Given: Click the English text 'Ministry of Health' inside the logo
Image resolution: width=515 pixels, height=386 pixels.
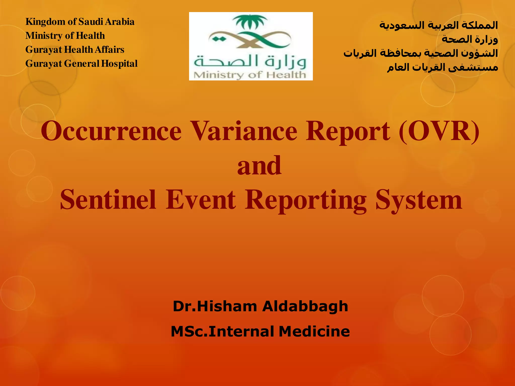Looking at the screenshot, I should pyautogui.click(x=250, y=75).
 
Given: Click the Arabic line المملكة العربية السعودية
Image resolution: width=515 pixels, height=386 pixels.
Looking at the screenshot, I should pyautogui.click(x=438, y=25).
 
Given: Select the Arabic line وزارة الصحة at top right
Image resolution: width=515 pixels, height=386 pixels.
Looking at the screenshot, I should pyautogui.click(x=469, y=39).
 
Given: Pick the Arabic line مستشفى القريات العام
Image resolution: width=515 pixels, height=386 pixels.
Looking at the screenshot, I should pyautogui.click(x=442, y=67).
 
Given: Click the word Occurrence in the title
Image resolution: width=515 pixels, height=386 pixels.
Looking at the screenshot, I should pyautogui.click(x=111, y=131).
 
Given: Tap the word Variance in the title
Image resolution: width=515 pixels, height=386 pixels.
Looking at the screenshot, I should pyautogui.click(x=244, y=131).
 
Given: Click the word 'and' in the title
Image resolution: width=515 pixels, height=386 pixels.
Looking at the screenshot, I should pyautogui.click(x=259, y=166).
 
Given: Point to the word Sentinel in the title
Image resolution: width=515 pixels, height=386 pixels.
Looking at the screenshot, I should pyautogui.click(x=108, y=200).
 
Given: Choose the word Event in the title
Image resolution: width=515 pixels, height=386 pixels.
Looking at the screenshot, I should pyautogui.click(x=201, y=200).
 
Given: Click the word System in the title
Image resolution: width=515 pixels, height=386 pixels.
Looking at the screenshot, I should pyautogui.click(x=419, y=200).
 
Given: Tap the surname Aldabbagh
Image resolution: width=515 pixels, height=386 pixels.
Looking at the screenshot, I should pyautogui.click(x=305, y=306).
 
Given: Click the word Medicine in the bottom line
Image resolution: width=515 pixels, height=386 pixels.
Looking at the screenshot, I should pyautogui.click(x=314, y=331).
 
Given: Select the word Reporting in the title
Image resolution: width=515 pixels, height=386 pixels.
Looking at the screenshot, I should pyautogui.click(x=306, y=200).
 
